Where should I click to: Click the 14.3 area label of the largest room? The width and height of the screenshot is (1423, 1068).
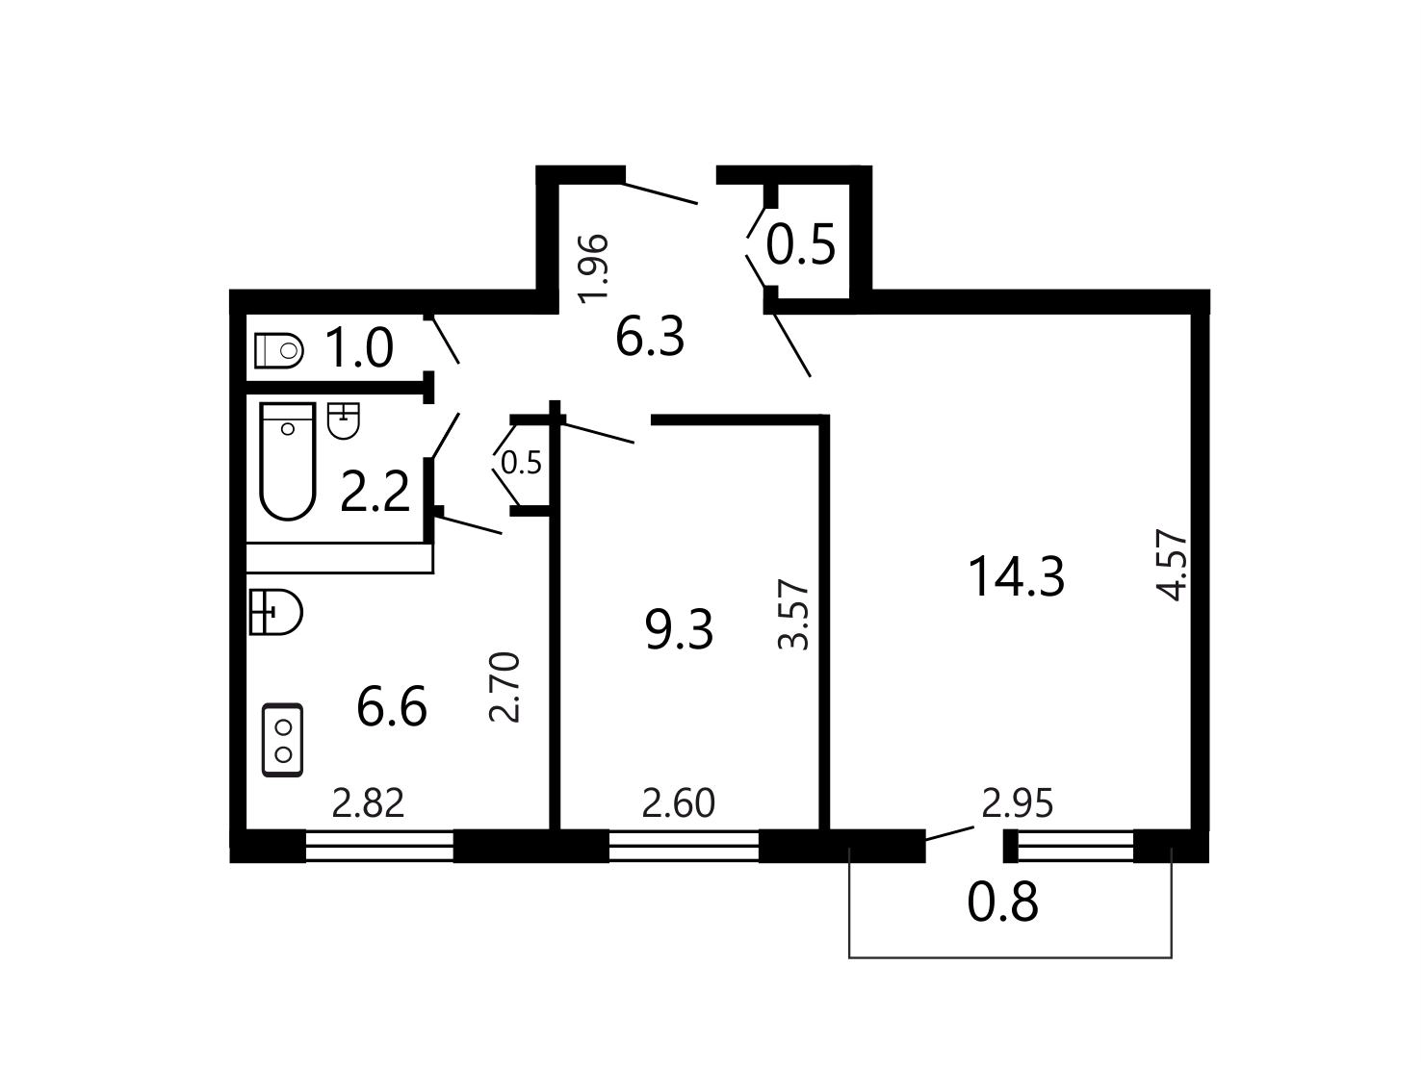click(x=1016, y=577)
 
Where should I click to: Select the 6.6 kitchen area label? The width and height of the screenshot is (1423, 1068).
click(x=392, y=706)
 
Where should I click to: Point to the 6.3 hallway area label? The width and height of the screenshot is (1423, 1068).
click(x=650, y=337)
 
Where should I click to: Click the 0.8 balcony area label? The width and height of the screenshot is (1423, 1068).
click(x=1002, y=903)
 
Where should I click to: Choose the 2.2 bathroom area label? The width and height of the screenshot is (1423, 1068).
click(x=375, y=492)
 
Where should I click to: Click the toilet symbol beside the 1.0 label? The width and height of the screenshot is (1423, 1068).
click(x=279, y=350)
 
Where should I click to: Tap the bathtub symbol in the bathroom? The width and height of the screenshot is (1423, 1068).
click(x=288, y=461)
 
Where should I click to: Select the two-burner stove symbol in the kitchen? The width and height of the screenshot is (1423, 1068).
click(x=283, y=740)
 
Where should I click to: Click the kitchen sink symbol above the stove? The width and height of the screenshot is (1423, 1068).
click(x=276, y=612)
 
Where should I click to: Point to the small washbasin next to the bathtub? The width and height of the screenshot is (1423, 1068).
click(x=344, y=421)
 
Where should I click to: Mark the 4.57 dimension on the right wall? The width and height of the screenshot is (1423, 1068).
click(x=1172, y=566)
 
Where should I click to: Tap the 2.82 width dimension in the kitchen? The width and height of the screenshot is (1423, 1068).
click(x=368, y=803)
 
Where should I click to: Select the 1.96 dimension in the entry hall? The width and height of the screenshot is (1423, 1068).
click(x=593, y=268)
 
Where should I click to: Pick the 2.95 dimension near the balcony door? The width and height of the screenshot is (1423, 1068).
click(x=1017, y=803)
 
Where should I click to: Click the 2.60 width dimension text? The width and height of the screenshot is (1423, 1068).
click(x=678, y=803)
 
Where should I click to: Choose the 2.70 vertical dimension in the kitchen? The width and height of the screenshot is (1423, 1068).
click(x=505, y=687)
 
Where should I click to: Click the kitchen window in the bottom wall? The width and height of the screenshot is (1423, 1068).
click(x=379, y=846)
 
